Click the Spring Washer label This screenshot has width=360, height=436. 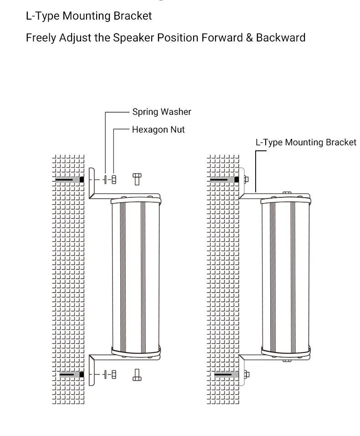(x=162, y=112)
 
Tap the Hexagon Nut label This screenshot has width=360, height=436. (x=158, y=129)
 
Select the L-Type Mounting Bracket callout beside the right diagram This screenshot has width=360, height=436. (x=306, y=142)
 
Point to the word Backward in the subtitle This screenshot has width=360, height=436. (x=281, y=37)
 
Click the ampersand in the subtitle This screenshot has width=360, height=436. (x=249, y=37)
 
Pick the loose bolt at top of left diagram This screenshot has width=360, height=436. (x=137, y=179)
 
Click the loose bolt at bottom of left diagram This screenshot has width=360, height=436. (x=137, y=375)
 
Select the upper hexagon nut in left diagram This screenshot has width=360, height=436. (x=114, y=180)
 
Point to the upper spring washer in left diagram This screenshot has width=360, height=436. (x=105, y=180)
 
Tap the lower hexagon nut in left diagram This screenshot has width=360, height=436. (x=114, y=374)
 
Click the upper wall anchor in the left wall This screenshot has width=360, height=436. (x=70, y=180)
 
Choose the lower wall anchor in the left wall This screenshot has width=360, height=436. (x=72, y=374)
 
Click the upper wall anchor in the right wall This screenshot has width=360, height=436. (x=224, y=180)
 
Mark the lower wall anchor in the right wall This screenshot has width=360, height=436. (x=226, y=375)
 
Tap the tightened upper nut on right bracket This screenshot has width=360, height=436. (x=246, y=180)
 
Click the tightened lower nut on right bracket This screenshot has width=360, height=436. (x=247, y=374)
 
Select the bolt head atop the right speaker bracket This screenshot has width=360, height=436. (x=287, y=192)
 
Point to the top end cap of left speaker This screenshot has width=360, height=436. (x=136, y=200)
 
